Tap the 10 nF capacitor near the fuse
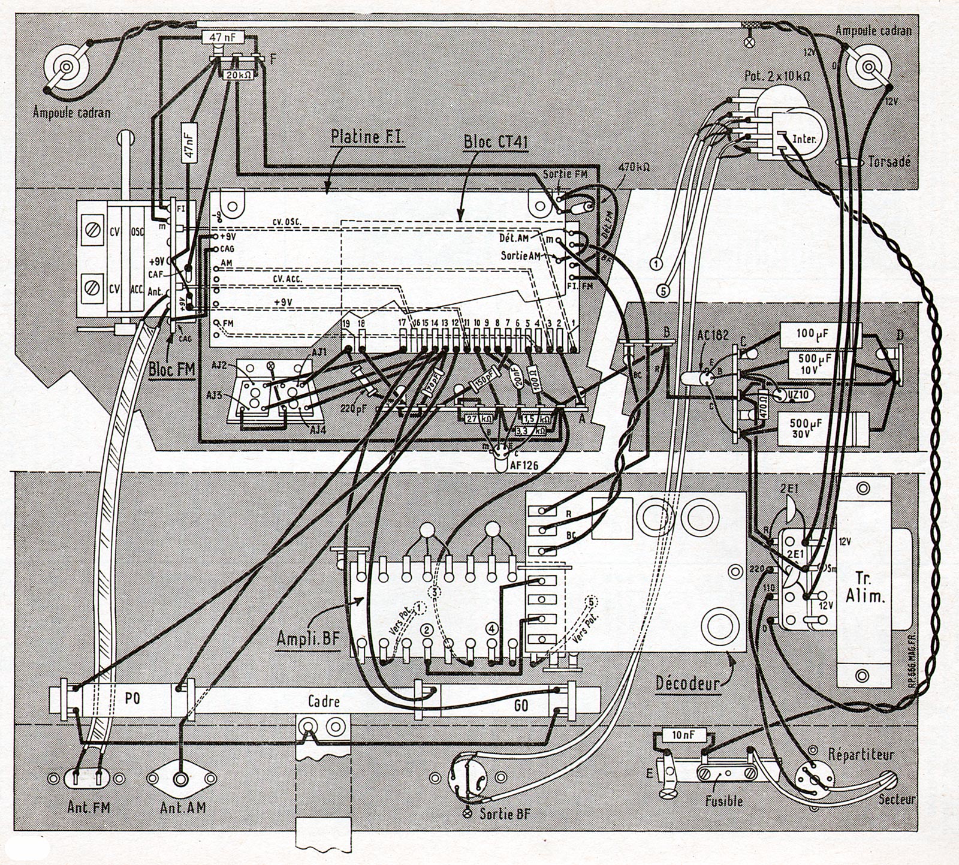tap(681, 735)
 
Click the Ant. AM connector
tap(180, 779)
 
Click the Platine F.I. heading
tap(369, 136)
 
